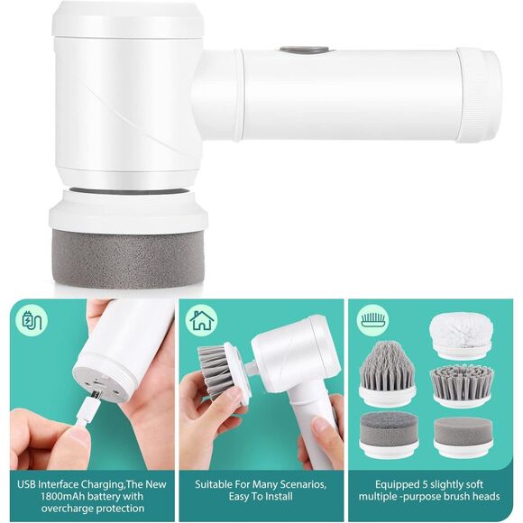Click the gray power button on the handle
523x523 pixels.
point(292,51)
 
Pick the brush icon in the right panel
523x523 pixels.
point(372,320)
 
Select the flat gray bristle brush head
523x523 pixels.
point(462,383)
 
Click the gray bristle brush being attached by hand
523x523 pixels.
point(216,370)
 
